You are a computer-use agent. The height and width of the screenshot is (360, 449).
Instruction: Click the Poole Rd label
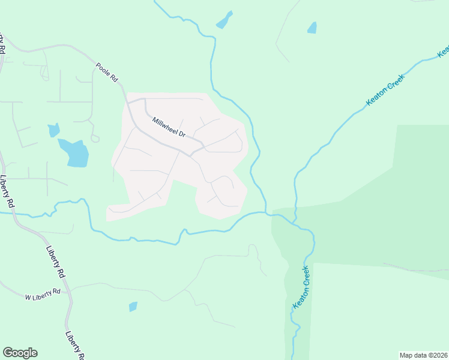tap(107, 71)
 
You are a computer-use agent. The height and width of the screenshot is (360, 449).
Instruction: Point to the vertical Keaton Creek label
tap(301, 287)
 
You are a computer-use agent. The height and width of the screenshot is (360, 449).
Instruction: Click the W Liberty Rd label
tap(43, 293)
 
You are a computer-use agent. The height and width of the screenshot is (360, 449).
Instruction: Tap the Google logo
tap(20, 353)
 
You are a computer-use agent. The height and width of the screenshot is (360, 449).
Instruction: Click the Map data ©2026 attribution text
tap(423, 355)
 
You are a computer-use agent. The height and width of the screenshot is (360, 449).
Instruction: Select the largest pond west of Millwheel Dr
tap(74, 152)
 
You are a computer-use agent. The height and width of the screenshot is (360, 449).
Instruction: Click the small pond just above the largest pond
tap(54, 130)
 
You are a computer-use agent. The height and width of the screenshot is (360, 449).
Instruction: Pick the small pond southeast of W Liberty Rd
tap(133, 307)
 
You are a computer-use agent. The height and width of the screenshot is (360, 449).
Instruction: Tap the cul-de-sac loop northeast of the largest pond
tap(95, 139)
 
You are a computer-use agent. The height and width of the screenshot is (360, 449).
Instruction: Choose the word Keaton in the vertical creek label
tap(298, 297)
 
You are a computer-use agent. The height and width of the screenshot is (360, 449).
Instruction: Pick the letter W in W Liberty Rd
tap(28, 297)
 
